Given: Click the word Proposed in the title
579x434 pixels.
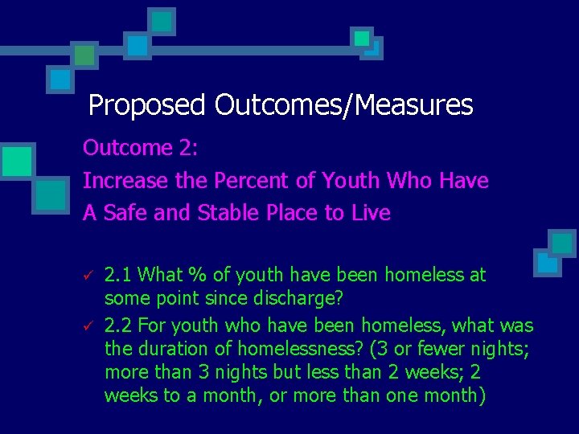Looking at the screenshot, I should point(148,105).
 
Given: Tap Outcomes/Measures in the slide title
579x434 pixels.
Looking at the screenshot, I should point(343,105).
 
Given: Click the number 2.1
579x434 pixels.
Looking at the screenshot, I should point(119,275).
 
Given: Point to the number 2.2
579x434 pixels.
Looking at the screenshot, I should point(119,325).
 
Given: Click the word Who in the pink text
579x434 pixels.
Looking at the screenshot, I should point(409,181).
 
